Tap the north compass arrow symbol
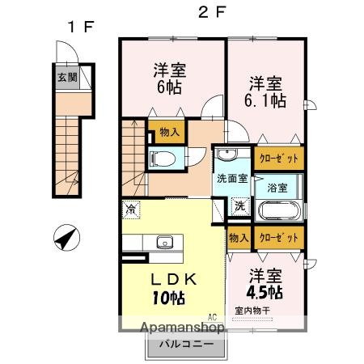(66, 239)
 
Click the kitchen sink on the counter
(166, 243)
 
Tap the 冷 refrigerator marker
(130, 210)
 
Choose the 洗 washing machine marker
(240, 205)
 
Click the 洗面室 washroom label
(231, 180)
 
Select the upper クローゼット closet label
(279, 159)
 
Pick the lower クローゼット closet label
(279, 238)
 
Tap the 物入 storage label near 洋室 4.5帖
(239, 238)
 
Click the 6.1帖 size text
(266, 101)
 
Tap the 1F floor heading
(79, 26)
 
